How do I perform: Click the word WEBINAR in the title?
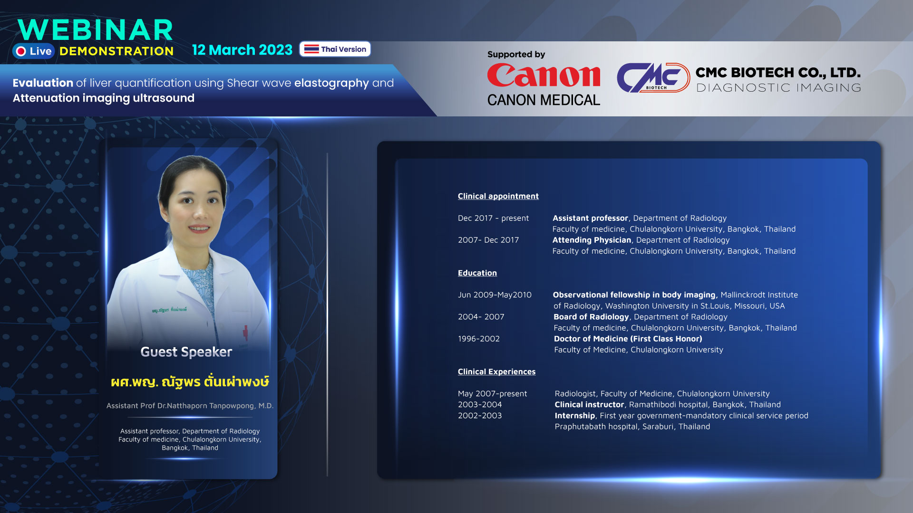(95, 30)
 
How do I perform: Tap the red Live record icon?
(21, 51)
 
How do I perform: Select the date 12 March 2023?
(242, 50)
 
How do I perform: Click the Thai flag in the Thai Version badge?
(311, 49)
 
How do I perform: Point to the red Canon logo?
(544, 76)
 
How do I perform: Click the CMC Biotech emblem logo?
(653, 77)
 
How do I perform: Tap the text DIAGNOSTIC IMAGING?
(778, 88)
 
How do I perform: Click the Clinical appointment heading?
(498, 196)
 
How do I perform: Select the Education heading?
(477, 273)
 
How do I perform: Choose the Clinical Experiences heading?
(496, 372)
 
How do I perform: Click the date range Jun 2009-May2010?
(495, 295)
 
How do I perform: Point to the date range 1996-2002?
(478, 339)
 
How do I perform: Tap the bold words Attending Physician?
(592, 240)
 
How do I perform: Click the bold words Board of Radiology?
(591, 317)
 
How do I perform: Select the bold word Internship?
(574, 416)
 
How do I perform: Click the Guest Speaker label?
(186, 352)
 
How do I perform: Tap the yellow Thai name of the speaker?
(190, 381)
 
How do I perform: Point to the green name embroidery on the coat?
(169, 310)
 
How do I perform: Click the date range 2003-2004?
(479, 405)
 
